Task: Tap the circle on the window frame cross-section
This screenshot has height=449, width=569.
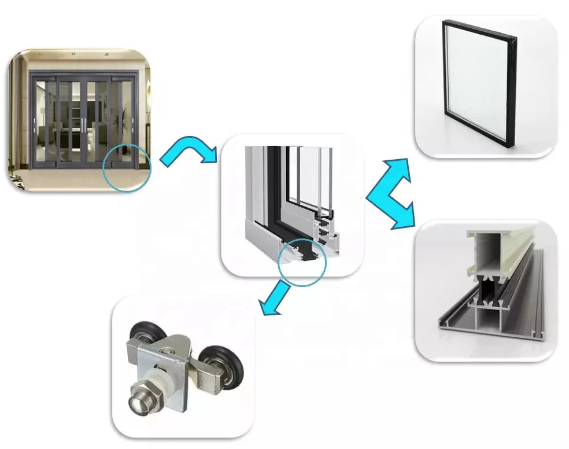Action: [302, 262]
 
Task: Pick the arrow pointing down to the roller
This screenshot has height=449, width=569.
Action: [276, 297]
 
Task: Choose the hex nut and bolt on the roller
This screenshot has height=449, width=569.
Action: [142, 400]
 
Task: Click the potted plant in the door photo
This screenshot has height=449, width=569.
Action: [122, 122]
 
